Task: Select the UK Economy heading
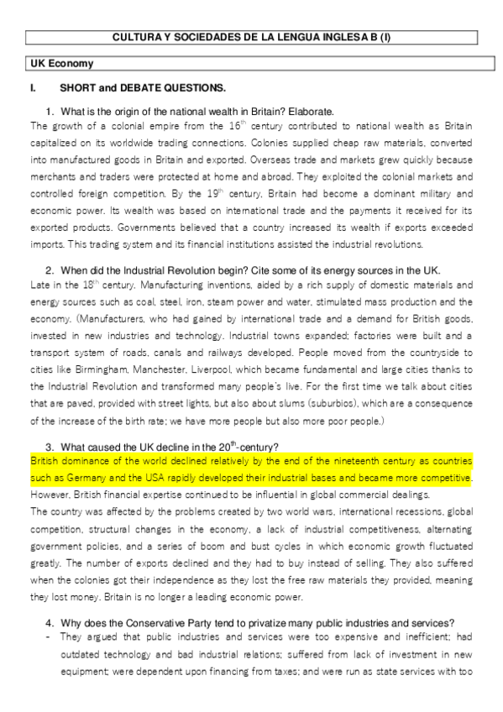pyautogui.click(x=61, y=64)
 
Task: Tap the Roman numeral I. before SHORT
pyautogui.click(x=33, y=87)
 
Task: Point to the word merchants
pyautogui.click(x=50, y=175)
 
